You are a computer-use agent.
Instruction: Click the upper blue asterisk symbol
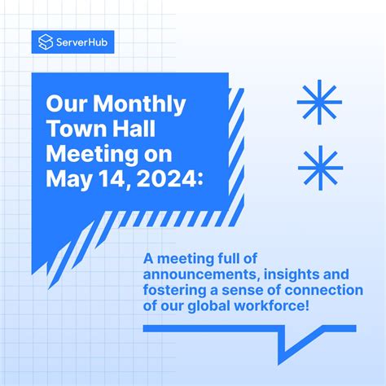click(x=319, y=103)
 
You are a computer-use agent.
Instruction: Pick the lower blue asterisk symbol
click(x=319, y=165)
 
